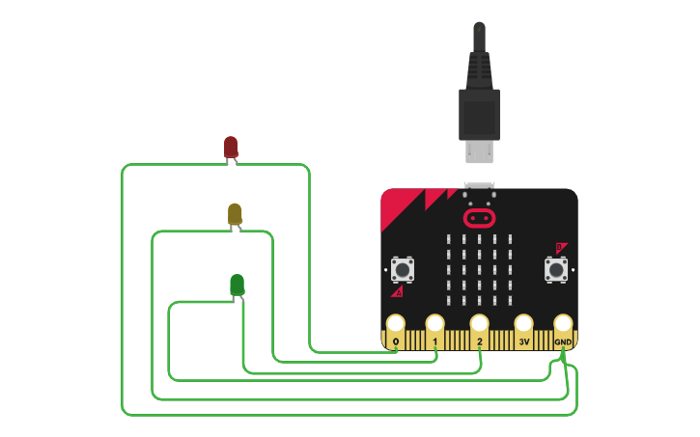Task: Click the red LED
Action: coord(231,148)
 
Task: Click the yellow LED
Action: coord(235,213)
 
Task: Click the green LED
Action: coord(237,285)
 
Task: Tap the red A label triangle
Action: coord(397,290)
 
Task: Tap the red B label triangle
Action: coord(560,248)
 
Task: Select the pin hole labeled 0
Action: coord(395,323)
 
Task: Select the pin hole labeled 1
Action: coord(434,323)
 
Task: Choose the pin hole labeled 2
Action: coord(479,323)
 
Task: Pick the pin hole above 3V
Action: coord(523,323)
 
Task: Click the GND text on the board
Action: coord(563,341)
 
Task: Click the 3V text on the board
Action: coord(523,341)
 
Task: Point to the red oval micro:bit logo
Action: coord(479,218)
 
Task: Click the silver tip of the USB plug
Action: coord(479,151)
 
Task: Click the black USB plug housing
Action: coord(479,111)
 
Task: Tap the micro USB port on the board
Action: coord(479,186)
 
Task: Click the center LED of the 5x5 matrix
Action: coord(479,270)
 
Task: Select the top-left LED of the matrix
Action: coord(448,239)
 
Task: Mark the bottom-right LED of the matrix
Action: coord(510,301)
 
